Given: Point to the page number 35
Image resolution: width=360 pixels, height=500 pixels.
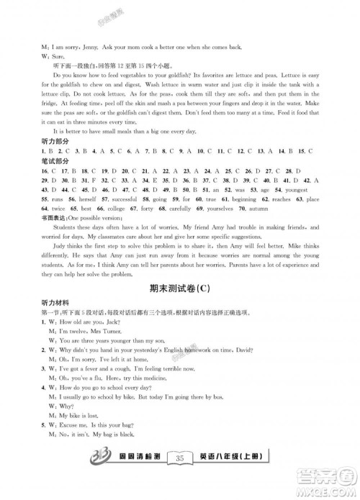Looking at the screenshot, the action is pyautogui.click(x=180, y=478).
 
